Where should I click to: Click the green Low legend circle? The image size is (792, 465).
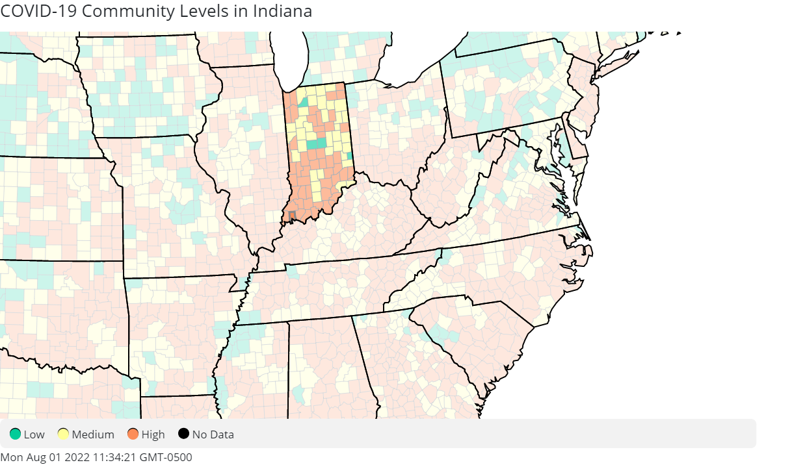15,434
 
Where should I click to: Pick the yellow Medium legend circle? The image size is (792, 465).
63,434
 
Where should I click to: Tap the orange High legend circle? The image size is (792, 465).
133,434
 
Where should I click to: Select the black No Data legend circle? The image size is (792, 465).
183,434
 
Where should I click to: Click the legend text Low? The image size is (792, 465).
34,434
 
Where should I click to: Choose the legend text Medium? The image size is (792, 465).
93,434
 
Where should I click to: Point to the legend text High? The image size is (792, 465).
153,434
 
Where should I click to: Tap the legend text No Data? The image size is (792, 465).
213,434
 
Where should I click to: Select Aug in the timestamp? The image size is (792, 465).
34,457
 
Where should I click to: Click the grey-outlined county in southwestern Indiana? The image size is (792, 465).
292,215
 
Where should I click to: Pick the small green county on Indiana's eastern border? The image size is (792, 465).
350,156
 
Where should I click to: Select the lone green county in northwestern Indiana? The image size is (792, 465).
304,102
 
